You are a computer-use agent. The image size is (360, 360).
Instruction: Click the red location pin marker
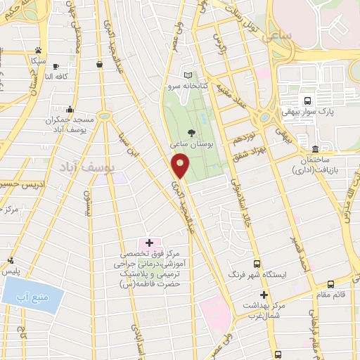coord(181,165)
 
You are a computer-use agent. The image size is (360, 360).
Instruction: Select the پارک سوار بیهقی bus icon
coord(308,100)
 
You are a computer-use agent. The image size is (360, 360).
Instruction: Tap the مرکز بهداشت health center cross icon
coord(264,295)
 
